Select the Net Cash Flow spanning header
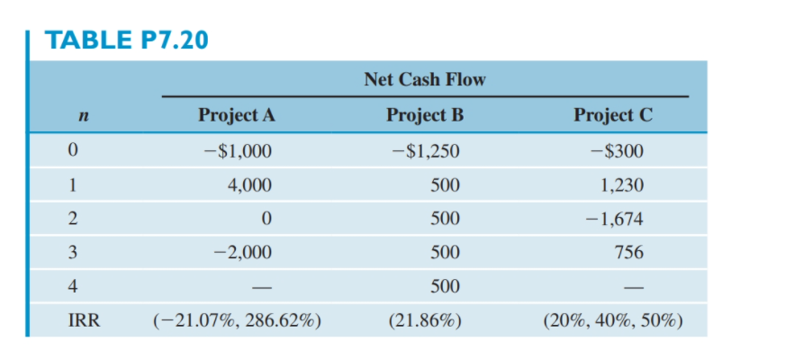click(x=424, y=79)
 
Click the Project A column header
click(x=236, y=115)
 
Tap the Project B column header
click(x=423, y=115)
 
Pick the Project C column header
click(x=612, y=115)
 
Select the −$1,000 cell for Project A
click(x=238, y=151)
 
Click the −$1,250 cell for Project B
click(x=426, y=151)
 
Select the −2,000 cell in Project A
click(x=238, y=253)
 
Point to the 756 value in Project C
click(x=629, y=253)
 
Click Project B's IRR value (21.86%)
click(x=424, y=320)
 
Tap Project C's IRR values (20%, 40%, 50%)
click(x=613, y=320)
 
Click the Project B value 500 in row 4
click(x=445, y=286)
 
